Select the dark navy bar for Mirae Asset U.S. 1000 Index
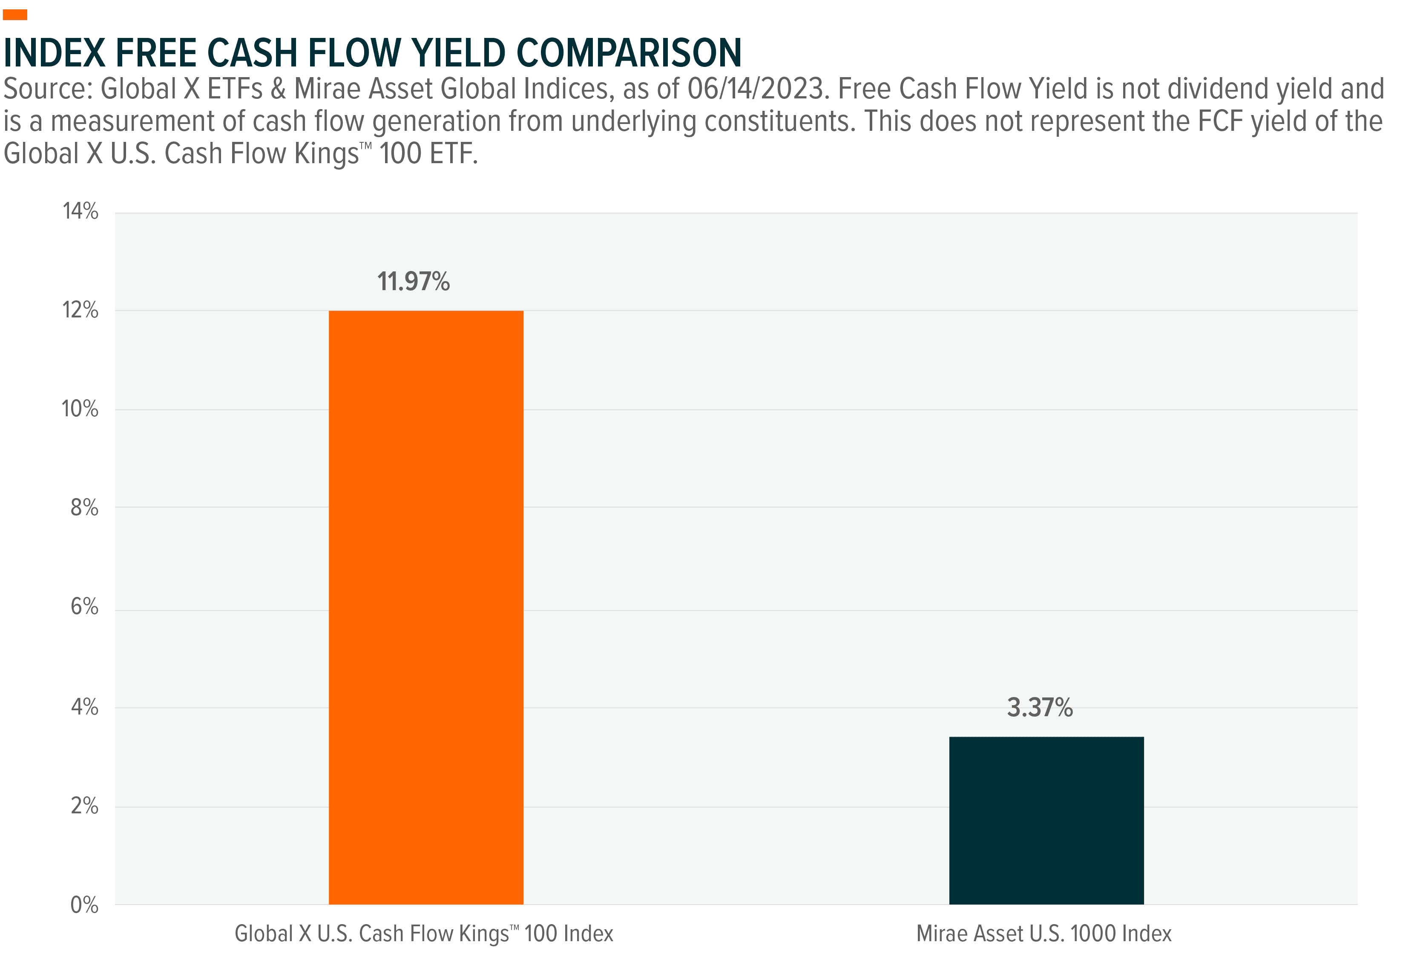click(x=1046, y=820)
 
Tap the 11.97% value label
click(x=413, y=282)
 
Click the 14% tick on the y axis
click(x=80, y=212)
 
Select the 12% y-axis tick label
click(x=80, y=311)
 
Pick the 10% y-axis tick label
click(x=80, y=409)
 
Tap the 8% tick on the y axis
click(x=84, y=507)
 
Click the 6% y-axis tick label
click(x=84, y=606)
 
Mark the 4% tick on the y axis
click(x=84, y=708)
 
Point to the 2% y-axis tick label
click(x=84, y=807)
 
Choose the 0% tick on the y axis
click(x=84, y=905)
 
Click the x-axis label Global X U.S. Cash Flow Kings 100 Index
click(x=424, y=933)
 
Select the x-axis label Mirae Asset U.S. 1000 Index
click(x=1044, y=933)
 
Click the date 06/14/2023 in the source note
click(x=756, y=89)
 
